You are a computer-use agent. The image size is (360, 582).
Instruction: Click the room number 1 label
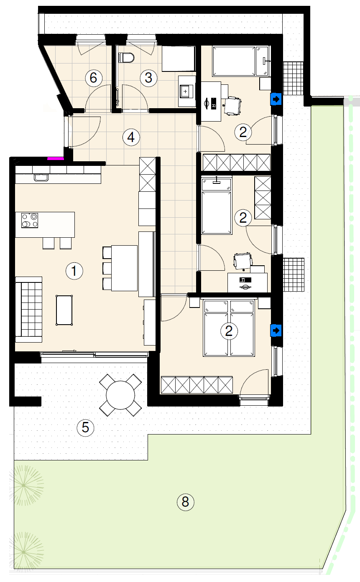click(74, 271)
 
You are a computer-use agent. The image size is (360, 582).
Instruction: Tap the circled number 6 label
click(94, 78)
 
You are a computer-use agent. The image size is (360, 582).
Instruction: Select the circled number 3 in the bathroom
click(148, 78)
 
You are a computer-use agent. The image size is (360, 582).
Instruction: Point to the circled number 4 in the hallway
click(131, 137)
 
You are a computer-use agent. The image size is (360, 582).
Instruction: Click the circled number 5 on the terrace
click(85, 427)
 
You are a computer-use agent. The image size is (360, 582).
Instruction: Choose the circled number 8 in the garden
click(185, 502)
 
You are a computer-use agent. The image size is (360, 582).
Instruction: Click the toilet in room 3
click(126, 58)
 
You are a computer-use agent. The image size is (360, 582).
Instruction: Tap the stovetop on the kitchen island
click(30, 220)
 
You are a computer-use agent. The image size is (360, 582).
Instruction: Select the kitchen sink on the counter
click(41, 177)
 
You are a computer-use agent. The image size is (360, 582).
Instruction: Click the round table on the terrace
click(120, 395)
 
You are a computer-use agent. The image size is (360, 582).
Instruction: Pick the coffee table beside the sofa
click(64, 310)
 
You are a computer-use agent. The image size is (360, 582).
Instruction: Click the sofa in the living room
click(28, 310)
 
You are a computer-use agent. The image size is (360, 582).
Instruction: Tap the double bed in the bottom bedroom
click(229, 328)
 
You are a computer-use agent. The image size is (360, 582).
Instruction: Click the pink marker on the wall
click(55, 158)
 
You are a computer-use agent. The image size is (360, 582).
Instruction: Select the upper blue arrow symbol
click(276, 99)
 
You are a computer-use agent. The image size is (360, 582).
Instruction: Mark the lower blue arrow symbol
click(276, 331)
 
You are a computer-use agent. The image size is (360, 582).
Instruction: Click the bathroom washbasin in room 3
click(186, 91)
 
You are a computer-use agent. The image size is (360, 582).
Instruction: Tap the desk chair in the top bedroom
click(232, 105)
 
